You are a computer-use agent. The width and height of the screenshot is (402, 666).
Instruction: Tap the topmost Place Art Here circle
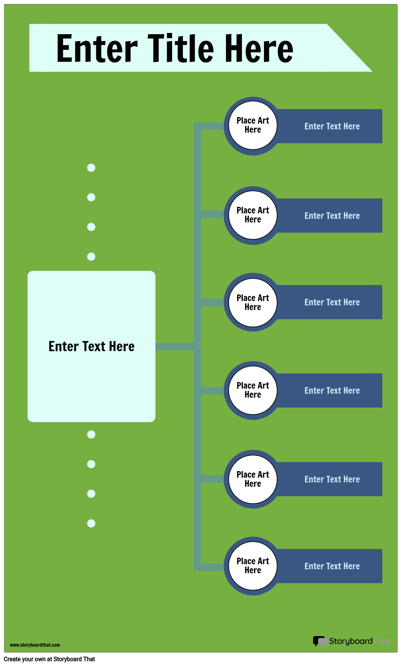point(253,125)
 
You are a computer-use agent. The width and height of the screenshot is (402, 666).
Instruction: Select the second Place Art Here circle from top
point(253,215)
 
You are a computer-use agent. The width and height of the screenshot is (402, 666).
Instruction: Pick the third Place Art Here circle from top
point(253,302)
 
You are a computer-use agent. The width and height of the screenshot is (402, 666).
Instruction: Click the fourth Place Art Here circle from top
point(253,390)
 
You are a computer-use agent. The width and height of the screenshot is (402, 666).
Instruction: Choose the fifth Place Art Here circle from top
point(253,479)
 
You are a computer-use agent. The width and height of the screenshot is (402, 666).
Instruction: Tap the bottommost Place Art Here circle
point(253,566)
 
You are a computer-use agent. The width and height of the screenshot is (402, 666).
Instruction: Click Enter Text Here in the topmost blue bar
point(332,127)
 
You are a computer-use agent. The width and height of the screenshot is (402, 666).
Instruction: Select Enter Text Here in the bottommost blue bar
point(332,566)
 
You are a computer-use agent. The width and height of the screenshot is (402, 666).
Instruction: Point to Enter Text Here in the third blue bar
point(332,302)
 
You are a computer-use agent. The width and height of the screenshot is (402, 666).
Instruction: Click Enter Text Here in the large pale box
point(92,346)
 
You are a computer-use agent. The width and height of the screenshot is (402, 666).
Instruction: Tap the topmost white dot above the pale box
point(91,168)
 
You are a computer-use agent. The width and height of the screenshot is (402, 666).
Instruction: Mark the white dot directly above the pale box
point(91,257)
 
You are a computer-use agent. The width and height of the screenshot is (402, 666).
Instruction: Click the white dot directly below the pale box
point(91,434)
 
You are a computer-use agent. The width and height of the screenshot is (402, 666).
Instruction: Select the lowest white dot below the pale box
point(91,523)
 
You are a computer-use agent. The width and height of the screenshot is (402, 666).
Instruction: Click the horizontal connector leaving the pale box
point(174,346)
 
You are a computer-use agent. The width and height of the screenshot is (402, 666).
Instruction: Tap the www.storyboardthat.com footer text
point(35,645)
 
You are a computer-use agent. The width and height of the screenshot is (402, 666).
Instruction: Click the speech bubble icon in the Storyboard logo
point(320,641)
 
